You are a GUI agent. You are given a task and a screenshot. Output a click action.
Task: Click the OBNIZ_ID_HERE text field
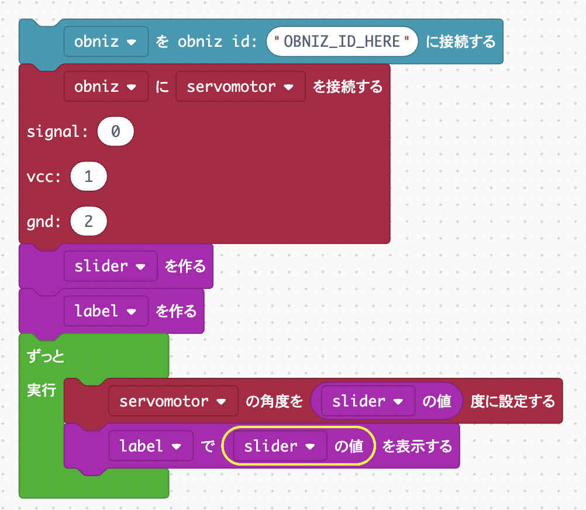pyautogui.click(x=342, y=42)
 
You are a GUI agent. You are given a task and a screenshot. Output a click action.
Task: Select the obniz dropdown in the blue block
pyautogui.click(x=106, y=42)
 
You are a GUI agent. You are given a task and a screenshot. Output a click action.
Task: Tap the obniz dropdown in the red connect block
pyautogui.click(x=106, y=87)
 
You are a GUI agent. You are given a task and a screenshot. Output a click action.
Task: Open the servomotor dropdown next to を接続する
pyautogui.click(x=240, y=87)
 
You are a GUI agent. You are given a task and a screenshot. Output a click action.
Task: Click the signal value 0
pyautogui.click(x=116, y=132)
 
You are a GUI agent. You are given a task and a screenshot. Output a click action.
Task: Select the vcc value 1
pyautogui.click(x=88, y=177)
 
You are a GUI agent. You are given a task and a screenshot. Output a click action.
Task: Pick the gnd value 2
pyautogui.click(x=88, y=222)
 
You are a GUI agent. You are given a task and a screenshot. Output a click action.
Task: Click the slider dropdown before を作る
pyautogui.click(x=110, y=266)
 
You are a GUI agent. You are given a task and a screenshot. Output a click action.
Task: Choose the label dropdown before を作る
pyautogui.click(x=106, y=311)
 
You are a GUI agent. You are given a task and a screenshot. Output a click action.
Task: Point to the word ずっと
pyautogui.click(x=46, y=356)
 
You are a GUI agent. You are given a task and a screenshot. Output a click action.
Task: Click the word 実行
pyautogui.click(x=42, y=390)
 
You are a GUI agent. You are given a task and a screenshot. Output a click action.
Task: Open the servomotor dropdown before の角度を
pyautogui.click(x=173, y=401)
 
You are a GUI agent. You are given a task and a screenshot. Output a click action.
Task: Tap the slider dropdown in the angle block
pyautogui.click(x=367, y=401)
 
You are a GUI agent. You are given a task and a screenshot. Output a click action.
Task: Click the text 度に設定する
pyautogui.click(x=512, y=401)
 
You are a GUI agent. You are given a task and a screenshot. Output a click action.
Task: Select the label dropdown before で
pyautogui.click(x=150, y=446)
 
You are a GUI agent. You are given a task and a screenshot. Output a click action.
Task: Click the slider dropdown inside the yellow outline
pyautogui.click(x=280, y=446)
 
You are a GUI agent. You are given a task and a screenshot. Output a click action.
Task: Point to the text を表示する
pyautogui.click(x=417, y=446)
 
